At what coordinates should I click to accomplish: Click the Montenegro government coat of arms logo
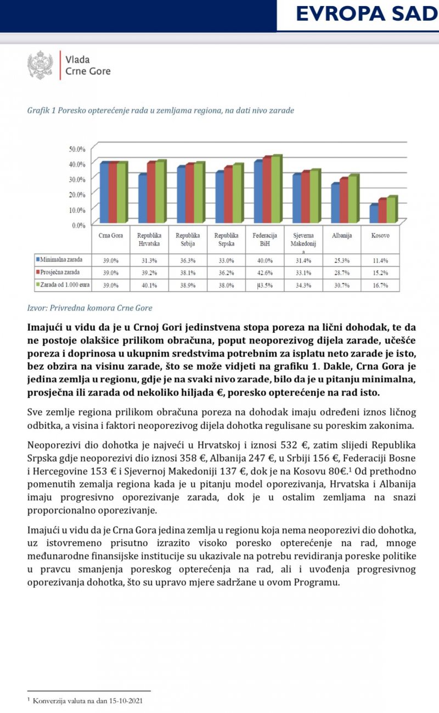pyautogui.click(x=40, y=65)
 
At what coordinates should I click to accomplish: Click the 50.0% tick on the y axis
pyautogui.click(x=77, y=149)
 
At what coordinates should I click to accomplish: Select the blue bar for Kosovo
pyautogui.click(x=374, y=213)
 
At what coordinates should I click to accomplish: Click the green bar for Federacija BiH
pyautogui.click(x=276, y=189)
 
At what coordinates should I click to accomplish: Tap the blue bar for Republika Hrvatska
pyautogui.click(x=143, y=198)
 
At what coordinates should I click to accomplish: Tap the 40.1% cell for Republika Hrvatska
pyautogui.click(x=149, y=285)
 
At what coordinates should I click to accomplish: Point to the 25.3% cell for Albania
pyautogui.click(x=341, y=260)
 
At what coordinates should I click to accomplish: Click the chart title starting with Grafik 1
pyautogui.click(x=160, y=111)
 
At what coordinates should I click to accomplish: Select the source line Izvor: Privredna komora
pyautogui.click(x=89, y=308)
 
